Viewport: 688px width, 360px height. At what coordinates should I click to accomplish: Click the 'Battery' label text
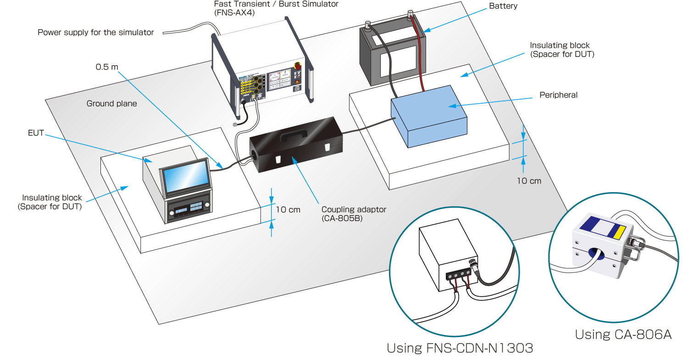click(503, 6)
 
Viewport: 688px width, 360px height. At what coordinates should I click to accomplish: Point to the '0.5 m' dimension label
click(106, 67)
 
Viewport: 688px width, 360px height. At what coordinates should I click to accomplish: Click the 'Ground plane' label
click(111, 104)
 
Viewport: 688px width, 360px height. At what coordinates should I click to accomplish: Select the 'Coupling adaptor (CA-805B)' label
click(354, 214)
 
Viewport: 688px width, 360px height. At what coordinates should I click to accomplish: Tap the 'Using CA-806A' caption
click(623, 335)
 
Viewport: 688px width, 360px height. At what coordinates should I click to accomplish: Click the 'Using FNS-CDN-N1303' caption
click(460, 348)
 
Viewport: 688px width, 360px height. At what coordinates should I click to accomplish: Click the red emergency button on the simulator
click(297, 66)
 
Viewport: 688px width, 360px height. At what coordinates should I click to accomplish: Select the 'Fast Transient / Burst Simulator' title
click(276, 4)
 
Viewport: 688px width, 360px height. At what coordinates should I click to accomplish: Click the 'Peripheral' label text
click(558, 95)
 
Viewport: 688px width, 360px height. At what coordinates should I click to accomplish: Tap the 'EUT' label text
click(36, 133)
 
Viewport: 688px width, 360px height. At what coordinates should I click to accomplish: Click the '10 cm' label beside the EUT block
click(288, 210)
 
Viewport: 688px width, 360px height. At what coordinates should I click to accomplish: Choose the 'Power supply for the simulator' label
click(95, 33)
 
